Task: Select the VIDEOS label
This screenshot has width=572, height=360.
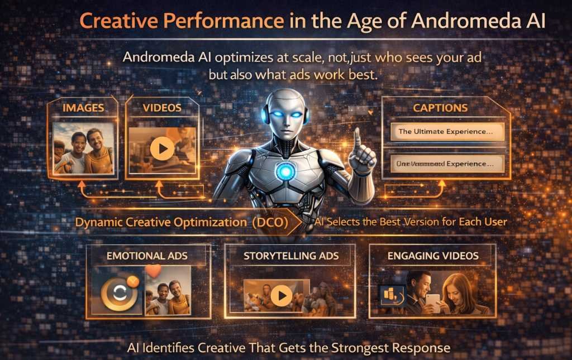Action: tap(161, 108)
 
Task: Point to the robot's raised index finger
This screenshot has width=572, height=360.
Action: tap(357, 137)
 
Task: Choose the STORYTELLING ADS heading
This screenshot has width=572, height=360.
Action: tap(291, 256)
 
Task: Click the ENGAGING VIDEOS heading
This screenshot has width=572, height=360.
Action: tap(433, 256)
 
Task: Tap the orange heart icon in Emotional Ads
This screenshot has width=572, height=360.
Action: tap(152, 271)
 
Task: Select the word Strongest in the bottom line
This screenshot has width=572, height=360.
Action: tap(359, 348)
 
